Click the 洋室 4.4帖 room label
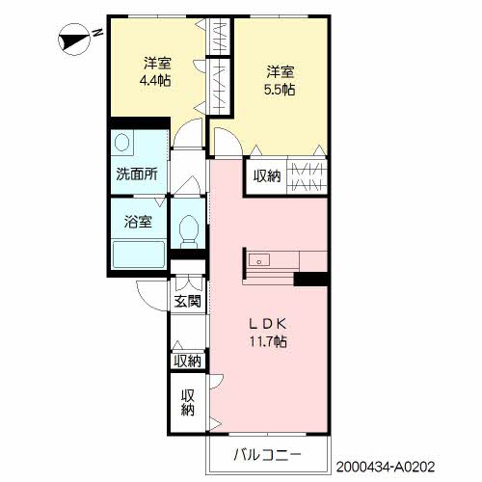[x=156, y=71]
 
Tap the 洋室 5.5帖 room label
[x=280, y=79]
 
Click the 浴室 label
[x=137, y=222]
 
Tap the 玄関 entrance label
[x=187, y=301]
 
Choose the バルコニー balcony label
[x=268, y=454]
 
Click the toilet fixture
[x=189, y=230]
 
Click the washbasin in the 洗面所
[x=122, y=144]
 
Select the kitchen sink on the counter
[x=259, y=260]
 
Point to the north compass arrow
[x=73, y=40]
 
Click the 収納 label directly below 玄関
[x=187, y=361]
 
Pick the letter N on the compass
[x=97, y=33]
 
